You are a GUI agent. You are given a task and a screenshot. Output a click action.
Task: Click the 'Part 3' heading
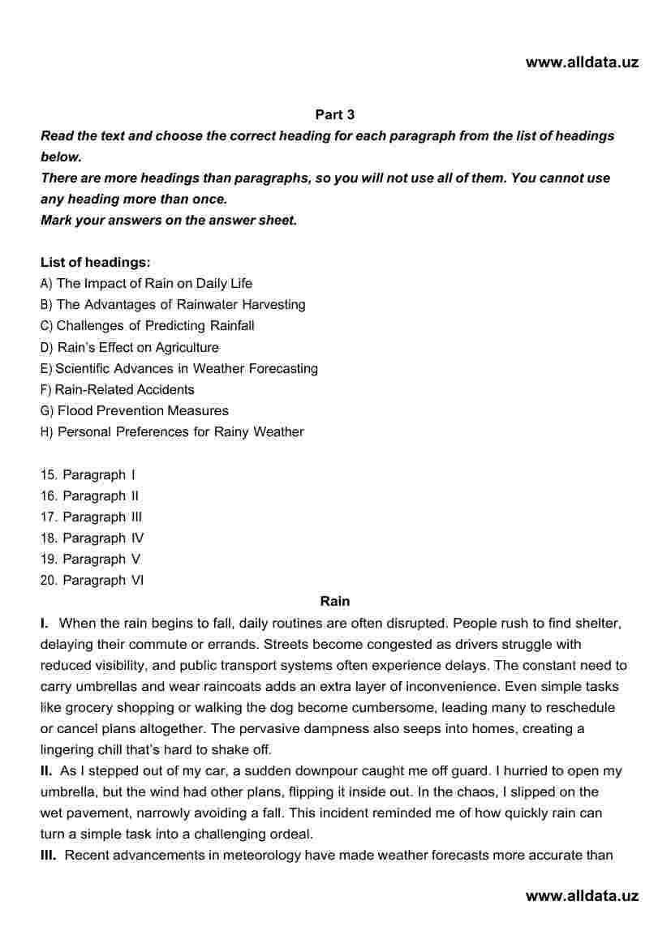[334, 115]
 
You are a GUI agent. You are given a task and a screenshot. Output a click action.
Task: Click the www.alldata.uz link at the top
[582, 62]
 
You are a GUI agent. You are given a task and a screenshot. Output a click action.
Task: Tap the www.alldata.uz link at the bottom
[582, 896]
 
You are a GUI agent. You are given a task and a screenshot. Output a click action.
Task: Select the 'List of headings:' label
[96, 263]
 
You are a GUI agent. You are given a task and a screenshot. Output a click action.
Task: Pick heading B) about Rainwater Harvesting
[173, 305]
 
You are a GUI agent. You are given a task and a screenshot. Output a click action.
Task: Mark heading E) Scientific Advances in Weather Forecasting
[179, 369]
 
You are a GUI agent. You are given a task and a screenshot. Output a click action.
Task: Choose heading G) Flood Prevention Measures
[135, 411]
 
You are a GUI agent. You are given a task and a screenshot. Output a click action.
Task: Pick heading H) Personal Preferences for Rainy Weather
[172, 432]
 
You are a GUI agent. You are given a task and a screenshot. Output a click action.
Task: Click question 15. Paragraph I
[88, 474]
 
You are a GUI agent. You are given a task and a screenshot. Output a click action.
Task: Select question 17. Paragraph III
[91, 517]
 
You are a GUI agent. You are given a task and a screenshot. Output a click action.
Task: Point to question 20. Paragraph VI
[92, 580]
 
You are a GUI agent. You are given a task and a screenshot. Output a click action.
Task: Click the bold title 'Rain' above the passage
[335, 601]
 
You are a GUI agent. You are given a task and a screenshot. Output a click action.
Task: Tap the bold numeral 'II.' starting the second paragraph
[46, 770]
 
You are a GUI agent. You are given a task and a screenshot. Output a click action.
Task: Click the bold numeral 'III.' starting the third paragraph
[48, 855]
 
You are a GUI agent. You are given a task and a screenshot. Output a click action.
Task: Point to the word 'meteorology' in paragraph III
[263, 855]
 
